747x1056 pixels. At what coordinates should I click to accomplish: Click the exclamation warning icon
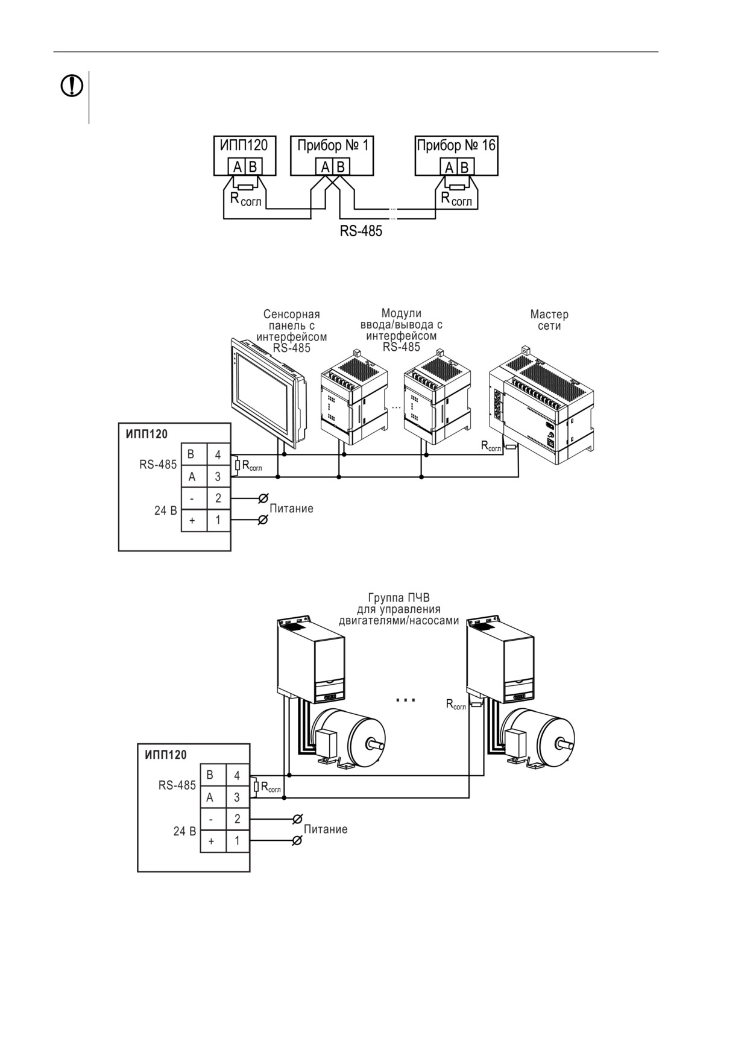[72, 86]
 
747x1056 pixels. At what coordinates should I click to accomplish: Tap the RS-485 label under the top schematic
[361, 231]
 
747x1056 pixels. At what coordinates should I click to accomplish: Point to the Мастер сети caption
[549, 320]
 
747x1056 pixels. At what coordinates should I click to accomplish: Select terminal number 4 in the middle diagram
[218, 454]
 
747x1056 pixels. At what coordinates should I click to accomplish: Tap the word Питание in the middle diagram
[291, 509]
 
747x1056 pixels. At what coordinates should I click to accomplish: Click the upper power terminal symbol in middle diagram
[263, 498]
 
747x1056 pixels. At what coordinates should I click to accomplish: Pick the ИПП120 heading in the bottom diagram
[166, 755]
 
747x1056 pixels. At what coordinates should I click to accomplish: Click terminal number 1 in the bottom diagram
[237, 841]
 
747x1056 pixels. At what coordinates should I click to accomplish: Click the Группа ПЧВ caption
[399, 609]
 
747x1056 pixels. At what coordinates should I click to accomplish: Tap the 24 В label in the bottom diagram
[184, 831]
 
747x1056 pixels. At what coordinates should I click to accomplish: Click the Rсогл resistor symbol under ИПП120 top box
[246, 187]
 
